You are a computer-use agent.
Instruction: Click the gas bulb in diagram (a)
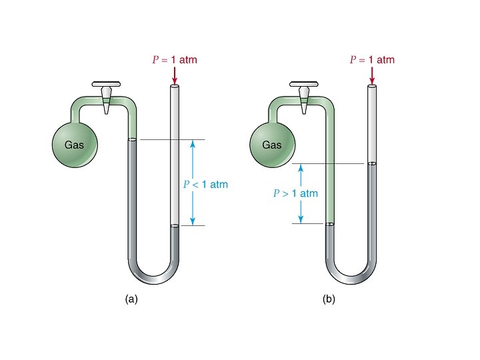coord(75,144)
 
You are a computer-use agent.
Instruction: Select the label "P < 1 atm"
coord(206,184)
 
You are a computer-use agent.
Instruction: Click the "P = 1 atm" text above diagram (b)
coord(372,60)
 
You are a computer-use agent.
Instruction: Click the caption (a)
coord(131,299)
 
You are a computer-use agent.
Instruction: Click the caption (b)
coord(329,299)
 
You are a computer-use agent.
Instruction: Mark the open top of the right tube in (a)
coord(175,87)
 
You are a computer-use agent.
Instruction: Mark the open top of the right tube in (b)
coord(371,87)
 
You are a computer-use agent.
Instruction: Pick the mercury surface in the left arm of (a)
coord(132,140)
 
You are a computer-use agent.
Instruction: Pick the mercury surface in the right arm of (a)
coord(175,226)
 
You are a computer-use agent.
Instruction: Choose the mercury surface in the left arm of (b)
coord(329,225)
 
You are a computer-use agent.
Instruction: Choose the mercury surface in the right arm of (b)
coord(371,164)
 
